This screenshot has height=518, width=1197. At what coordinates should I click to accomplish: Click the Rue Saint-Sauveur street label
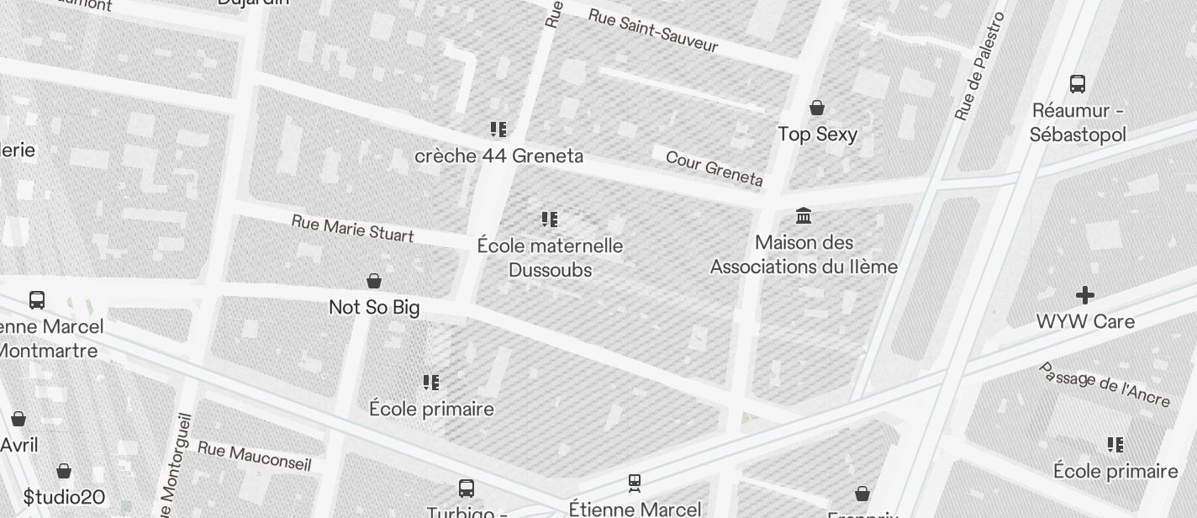tap(653, 30)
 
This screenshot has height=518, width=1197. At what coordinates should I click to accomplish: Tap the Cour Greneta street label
tap(715, 168)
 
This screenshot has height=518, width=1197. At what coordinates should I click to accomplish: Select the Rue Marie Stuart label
tap(352, 228)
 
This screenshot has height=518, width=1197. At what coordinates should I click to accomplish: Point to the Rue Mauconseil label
tap(255, 455)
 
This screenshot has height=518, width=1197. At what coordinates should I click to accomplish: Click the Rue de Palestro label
tap(980, 66)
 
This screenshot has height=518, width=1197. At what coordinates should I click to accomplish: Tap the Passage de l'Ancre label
tap(1104, 385)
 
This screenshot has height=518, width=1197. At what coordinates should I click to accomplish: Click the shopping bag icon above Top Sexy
tap(816, 108)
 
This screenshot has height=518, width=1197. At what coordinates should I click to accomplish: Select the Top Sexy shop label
tap(817, 135)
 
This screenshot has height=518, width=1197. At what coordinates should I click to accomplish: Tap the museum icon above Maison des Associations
tap(804, 216)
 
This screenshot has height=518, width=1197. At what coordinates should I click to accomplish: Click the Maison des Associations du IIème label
tap(804, 255)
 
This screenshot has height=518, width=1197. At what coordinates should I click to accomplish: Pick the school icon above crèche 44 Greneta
tap(498, 129)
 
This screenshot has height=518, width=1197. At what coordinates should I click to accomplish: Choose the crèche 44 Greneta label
tap(498, 156)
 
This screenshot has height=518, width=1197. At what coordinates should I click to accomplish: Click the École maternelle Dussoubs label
tap(550, 258)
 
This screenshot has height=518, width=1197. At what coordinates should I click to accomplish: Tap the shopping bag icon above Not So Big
tap(374, 281)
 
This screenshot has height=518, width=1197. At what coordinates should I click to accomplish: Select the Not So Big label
tap(374, 308)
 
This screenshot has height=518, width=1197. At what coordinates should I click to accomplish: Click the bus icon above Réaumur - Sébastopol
tap(1078, 83)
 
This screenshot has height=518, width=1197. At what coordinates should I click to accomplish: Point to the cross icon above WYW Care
tap(1085, 295)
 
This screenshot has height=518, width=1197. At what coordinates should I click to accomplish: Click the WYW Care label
tap(1085, 322)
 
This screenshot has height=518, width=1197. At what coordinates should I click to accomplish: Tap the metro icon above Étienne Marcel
tap(635, 483)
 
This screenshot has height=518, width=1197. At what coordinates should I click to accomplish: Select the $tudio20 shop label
tap(64, 497)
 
